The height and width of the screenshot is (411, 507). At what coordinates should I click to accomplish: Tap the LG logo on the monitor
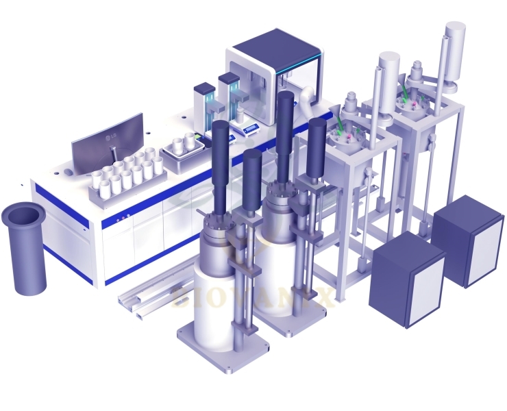point(112,137)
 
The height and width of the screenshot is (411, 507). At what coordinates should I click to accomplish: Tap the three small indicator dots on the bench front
point(122,218)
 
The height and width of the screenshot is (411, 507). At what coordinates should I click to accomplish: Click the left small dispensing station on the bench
point(205,103)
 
